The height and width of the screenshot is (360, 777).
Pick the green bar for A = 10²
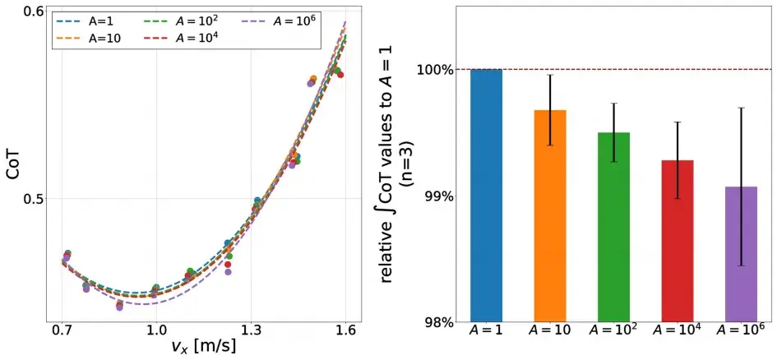[x=614, y=227]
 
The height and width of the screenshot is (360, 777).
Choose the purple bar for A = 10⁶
[x=742, y=254]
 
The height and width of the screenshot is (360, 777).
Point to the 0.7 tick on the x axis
[x=62, y=331]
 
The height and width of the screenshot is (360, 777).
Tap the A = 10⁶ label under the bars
[x=742, y=331]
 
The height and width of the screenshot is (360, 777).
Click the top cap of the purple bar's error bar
[x=742, y=108]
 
